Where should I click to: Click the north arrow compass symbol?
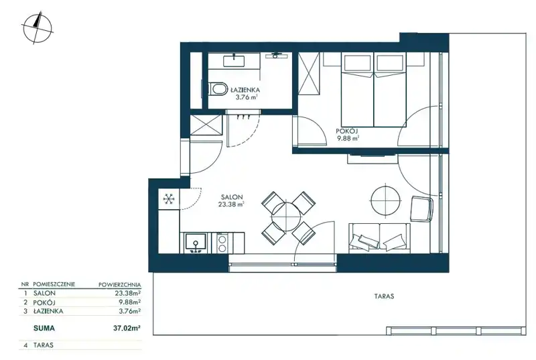[38, 28]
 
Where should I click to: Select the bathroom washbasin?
[234, 61]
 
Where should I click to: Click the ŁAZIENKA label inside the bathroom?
[245, 91]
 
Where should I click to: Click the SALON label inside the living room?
[232, 197]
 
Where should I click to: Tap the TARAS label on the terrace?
[383, 296]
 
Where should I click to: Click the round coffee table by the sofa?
[386, 200]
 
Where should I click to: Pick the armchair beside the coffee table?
[421, 209]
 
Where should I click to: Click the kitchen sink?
[196, 243]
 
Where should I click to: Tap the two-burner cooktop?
[222, 243]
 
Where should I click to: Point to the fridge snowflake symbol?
[169, 198]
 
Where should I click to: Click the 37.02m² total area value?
[127, 328]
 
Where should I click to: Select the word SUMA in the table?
[44, 328]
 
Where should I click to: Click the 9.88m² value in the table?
[129, 302]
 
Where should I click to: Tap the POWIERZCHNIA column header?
[120, 284]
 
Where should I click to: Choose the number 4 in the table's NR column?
[25, 345]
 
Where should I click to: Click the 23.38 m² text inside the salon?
[231, 204]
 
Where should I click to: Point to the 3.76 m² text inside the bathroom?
[246, 97]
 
